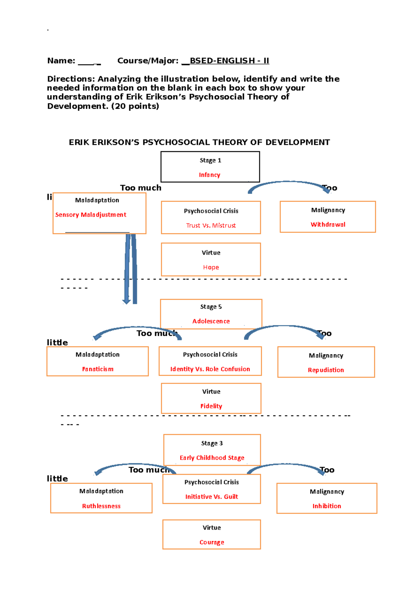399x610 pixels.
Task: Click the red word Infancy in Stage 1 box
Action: click(209, 175)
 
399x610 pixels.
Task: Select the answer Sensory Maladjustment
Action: click(90, 215)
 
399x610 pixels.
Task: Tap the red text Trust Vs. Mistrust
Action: click(211, 225)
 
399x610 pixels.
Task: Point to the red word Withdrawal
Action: click(328, 224)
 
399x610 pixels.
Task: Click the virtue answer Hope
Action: click(211, 267)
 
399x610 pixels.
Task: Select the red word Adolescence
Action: click(211, 321)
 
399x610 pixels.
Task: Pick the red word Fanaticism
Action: click(98, 369)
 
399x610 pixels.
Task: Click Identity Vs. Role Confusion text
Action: click(210, 369)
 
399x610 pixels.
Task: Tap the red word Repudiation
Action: click(326, 370)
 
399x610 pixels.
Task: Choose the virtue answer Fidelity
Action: click(211, 406)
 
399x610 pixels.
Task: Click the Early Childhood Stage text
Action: click(212, 458)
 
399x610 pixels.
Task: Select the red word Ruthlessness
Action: click(101, 506)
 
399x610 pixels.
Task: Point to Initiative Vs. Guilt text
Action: click(211, 497)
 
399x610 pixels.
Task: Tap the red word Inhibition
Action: click(327, 506)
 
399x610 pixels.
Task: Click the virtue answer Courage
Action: click(211, 542)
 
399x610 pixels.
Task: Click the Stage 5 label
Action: click(211, 307)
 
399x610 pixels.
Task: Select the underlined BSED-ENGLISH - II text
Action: click(229, 61)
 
